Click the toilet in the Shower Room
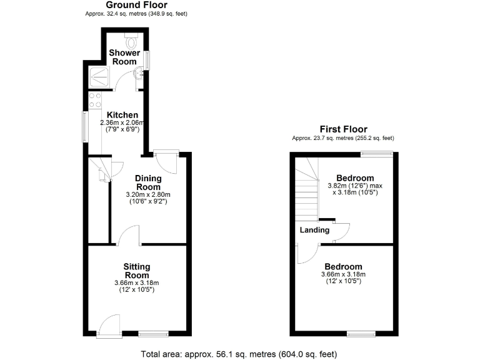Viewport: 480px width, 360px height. pos(131,41)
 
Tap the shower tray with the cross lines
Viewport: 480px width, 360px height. pos(99,78)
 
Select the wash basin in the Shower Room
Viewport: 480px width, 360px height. pos(139,76)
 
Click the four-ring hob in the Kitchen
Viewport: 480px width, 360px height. pos(96,101)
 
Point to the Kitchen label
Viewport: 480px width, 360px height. pos(122,115)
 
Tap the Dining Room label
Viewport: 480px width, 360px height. pos(148,182)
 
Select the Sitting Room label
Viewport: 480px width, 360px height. pos(137,271)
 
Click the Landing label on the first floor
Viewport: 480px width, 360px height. pos(314,230)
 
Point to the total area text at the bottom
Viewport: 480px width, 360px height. pos(239,354)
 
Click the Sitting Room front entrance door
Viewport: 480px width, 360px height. pos(109,326)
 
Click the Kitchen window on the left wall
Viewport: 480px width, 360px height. pos(84,127)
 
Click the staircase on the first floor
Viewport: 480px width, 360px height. pos(307,187)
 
